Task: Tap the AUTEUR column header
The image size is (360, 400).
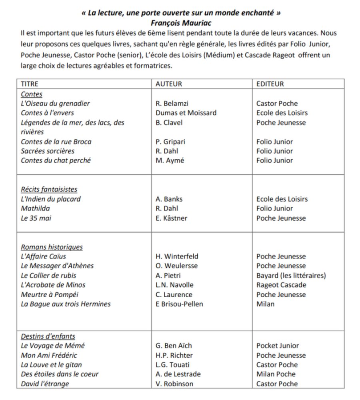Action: click(168, 84)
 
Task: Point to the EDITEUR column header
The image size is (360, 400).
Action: click(270, 84)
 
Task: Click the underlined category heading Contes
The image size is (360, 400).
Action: click(32, 94)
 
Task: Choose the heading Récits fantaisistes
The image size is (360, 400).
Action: click(49, 189)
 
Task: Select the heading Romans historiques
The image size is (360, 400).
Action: click(52, 247)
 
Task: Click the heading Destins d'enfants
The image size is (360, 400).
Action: click(48, 336)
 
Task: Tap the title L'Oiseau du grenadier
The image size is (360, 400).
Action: click(55, 103)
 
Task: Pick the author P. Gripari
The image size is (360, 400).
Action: click(170, 142)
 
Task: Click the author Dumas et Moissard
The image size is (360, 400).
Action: click(186, 113)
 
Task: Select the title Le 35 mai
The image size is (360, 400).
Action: click(36, 218)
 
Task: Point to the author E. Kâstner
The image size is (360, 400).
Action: click(171, 218)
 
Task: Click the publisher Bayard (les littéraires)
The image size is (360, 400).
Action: click(291, 275)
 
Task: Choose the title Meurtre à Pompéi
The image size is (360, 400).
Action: click(50, 294)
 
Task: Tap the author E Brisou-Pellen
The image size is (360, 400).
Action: click(179, 304)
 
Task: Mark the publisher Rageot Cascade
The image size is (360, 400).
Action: click(281, 285)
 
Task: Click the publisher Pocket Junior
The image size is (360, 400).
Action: click(278, 346)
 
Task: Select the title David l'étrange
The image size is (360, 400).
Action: click(45, 384)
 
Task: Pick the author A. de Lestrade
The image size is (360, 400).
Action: click(178, 374)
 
